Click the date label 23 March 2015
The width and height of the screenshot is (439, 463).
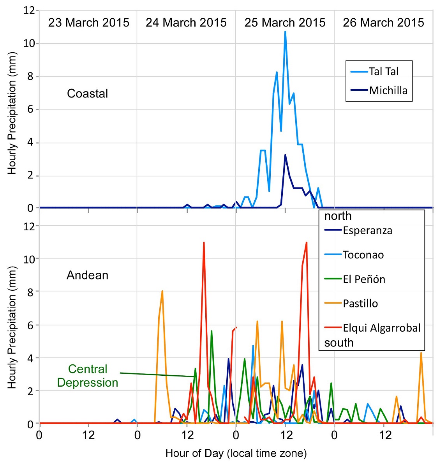(x=88, y=23)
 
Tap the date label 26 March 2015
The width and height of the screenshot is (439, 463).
(x=383, y=23)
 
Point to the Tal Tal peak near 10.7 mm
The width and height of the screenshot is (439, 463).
(x=285, y=32)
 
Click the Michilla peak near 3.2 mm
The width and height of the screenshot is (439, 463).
(x=285, y=155)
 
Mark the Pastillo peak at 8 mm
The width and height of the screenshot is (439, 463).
(x=162, y=291)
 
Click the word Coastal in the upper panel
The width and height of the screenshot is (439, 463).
(x=87, y=94)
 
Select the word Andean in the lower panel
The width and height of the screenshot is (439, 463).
(x=87, y=275)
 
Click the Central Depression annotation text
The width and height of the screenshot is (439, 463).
(x=88, y=376)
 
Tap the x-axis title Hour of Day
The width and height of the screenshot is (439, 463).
(x=236, y=453)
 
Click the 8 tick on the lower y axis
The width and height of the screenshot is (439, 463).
(x=32, y=292)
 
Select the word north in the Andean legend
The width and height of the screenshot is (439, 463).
(x=338, y=216)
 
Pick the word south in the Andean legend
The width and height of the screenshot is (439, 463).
(x=339, y=343)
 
